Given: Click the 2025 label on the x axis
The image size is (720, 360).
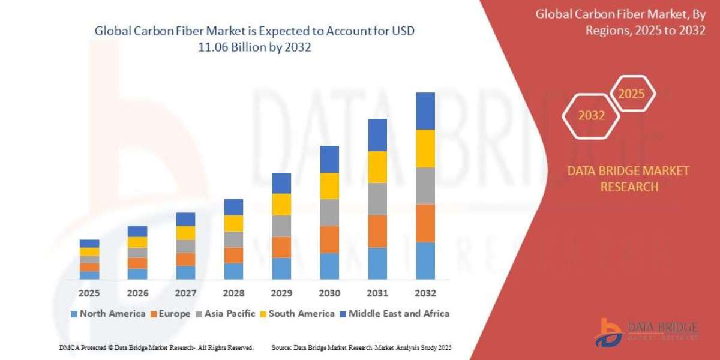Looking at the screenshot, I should click(x=89, y=293).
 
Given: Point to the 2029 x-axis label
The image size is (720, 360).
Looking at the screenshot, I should click(x=281, y=293).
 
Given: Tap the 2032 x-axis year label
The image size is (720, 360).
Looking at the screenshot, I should click(x=425, y=293).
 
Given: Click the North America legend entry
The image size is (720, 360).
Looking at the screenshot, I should click(x=108, y=313).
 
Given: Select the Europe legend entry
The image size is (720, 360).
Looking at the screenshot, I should click(x=170, y=313).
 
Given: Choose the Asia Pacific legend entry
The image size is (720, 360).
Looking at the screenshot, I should click(x=225, y=313).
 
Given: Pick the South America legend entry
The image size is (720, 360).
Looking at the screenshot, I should click(x=297, y=313).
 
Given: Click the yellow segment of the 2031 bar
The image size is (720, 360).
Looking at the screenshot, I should click(x=377, y=167).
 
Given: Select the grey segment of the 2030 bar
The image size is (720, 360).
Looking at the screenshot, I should click(x=329, y=212).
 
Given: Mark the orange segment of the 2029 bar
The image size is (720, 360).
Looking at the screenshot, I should click(x=281, y=247).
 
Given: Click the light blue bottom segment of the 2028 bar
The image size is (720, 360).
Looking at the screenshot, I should click(x=233, y=271).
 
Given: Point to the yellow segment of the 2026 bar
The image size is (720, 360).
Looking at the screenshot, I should click(x=137, y=242).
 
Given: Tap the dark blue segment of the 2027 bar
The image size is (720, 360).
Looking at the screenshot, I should click(x=185, y=219).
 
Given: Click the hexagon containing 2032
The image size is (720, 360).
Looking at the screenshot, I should click(x=591, y=116).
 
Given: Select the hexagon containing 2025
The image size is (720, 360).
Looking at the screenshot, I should click(x=631, y=94).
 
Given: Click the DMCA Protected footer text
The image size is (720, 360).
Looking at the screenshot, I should click(x=156, y=347).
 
